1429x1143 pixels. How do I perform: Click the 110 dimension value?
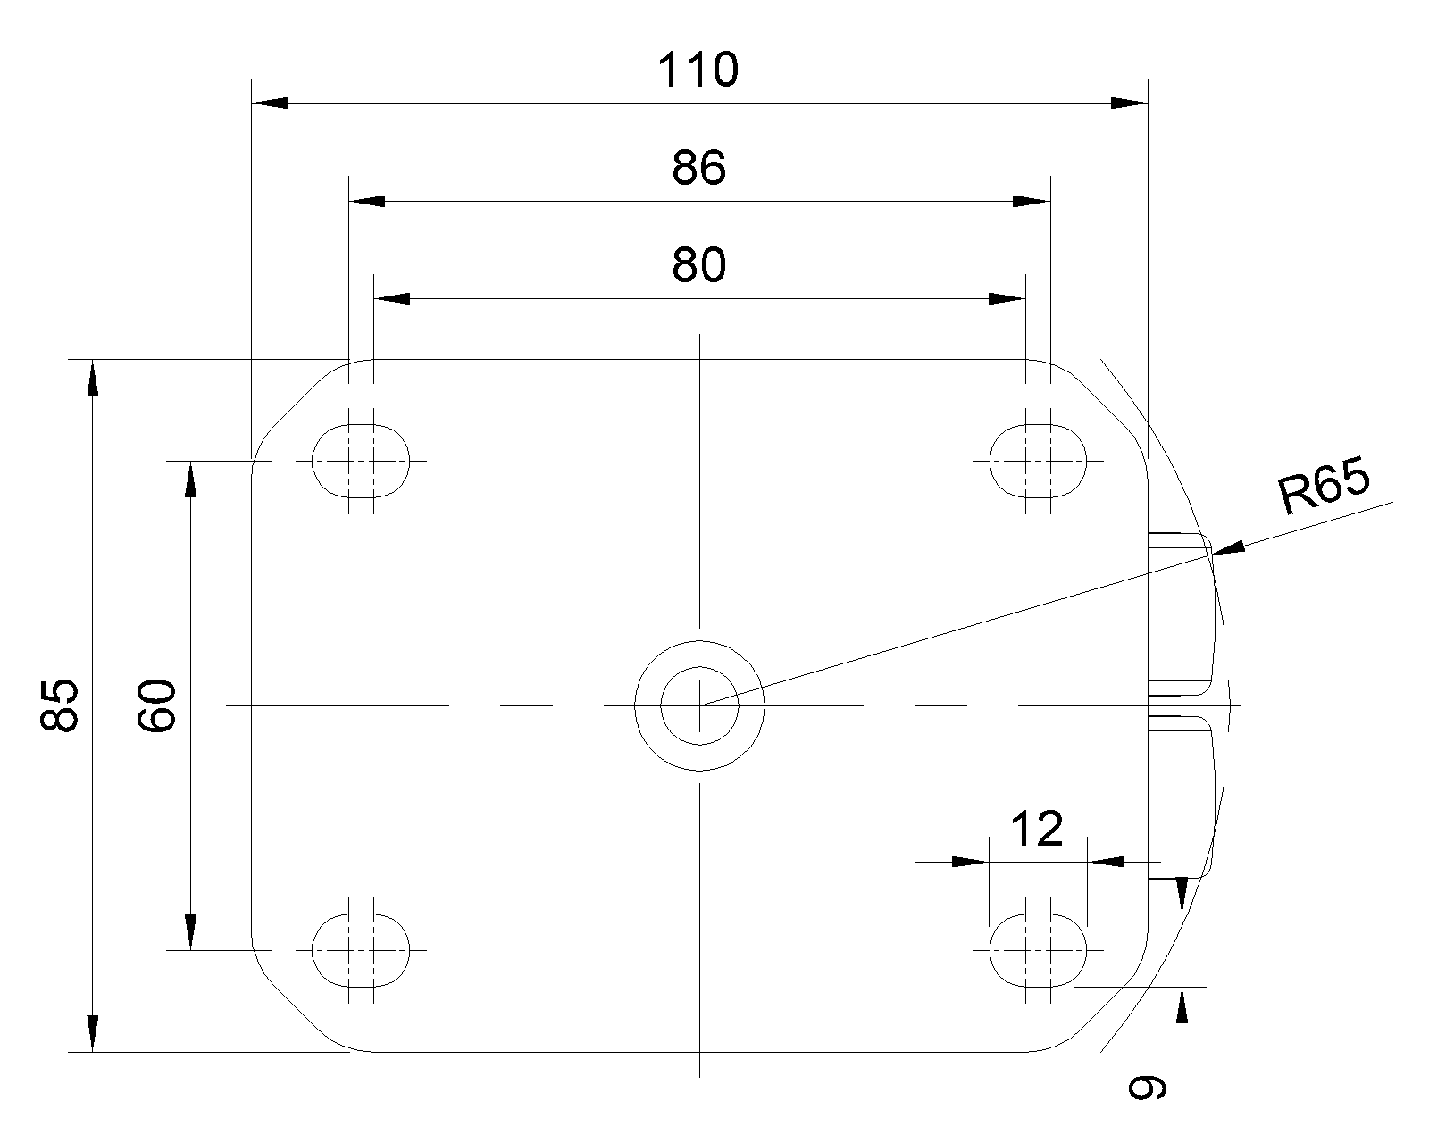point(698,70)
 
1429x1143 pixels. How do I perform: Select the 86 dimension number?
point(699,167)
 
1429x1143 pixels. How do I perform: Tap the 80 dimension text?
point(699,265)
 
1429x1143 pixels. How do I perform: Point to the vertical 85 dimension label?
point(60,705)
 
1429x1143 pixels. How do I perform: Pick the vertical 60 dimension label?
point(156,705)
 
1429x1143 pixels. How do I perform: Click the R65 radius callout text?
point(1324,486)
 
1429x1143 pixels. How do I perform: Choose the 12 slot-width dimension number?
point(1037,829)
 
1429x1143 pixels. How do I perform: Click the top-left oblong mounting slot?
point(361,461)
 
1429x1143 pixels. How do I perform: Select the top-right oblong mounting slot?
point(1038,461)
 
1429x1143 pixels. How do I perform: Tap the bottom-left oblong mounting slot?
point(361,950)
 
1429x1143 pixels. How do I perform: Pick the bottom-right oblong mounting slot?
point(1038,950)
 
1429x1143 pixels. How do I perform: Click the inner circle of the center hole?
point(699,667)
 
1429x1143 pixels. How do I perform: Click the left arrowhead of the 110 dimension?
point(270,103)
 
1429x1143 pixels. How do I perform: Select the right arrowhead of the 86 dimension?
point(1032,201)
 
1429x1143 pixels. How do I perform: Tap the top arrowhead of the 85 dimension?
point(93,377)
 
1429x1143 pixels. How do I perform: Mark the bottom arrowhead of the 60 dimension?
point(190,931)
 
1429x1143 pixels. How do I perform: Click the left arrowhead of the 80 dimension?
point(392,299)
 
